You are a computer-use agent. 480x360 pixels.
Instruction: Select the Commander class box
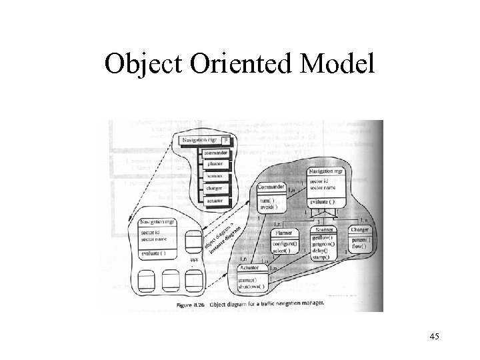click(x=272, y=197)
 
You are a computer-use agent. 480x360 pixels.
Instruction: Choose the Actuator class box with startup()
click(x=254, y=277)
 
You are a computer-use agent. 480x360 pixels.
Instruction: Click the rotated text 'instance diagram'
click(x=223, y=243)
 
